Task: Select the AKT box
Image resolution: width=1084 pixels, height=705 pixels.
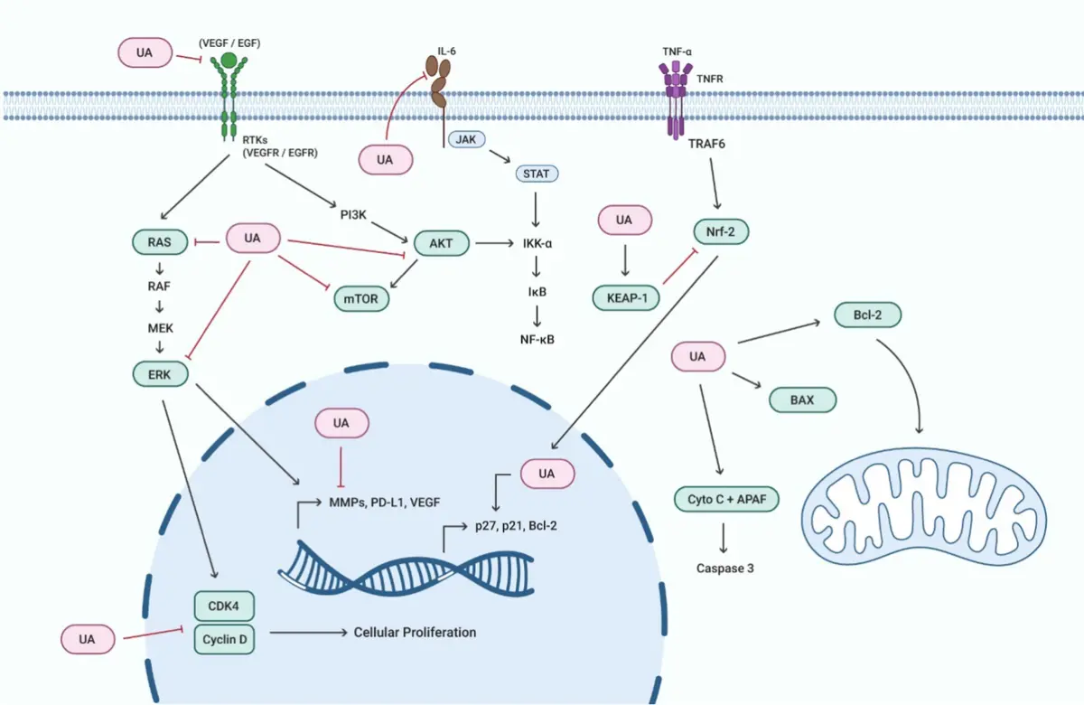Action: click(x=442, y=242)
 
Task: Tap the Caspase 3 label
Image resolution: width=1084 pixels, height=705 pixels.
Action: click(x=726, y=569)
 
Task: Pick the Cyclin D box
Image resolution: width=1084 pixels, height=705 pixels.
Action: click(x=224, y=640)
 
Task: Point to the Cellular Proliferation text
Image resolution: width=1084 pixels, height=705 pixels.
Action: click(x=415, y=633)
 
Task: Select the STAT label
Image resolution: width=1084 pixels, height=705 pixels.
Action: click(x=537, y=173)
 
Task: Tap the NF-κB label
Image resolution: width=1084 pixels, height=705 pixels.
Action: click(x=537, y=341)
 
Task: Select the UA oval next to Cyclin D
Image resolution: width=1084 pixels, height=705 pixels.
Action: click(x=87, y=640)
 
